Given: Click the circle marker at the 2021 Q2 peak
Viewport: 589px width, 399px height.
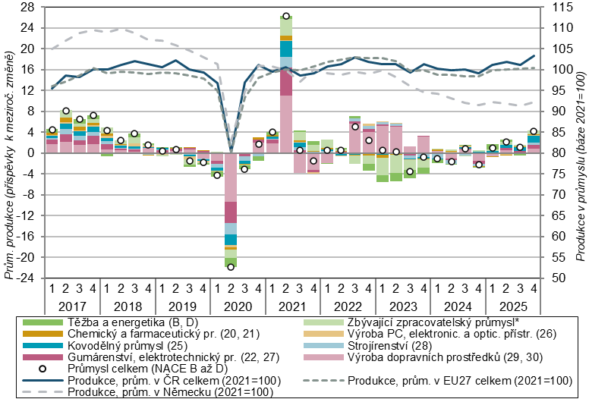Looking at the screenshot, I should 286,16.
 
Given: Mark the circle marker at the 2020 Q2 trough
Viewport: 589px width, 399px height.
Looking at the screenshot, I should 231,266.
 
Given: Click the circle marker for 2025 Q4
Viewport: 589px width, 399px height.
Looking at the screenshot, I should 534,131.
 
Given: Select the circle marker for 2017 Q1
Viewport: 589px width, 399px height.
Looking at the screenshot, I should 52,130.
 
